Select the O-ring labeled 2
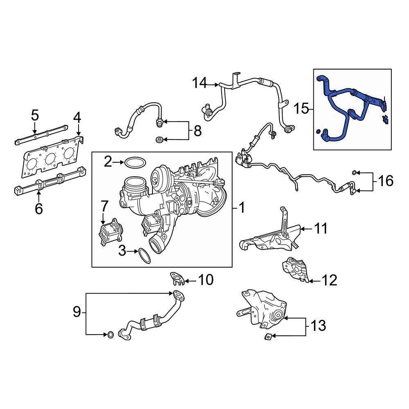[x=135, y=162]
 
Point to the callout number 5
[x=35, y=116]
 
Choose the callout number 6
[x=39, y=209]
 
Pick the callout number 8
[x=198, y=131]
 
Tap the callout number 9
[x=77, y=312]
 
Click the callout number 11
[x=321, y=229]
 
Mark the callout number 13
[x=318, y=326]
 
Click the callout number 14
[x=200, y=83]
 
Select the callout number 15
[x=301, y=109]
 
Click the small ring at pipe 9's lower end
[x=110, y=335]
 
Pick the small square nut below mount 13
[x=267, y=336]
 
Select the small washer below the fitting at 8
[x=160, y=140]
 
